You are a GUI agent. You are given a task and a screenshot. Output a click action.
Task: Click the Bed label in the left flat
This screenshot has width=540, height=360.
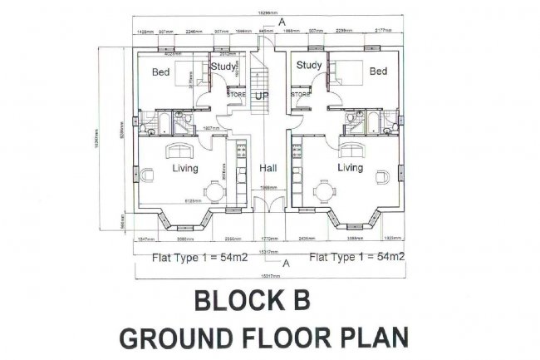pos(160,72)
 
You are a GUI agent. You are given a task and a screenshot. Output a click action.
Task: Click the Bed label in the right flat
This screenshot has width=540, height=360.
pos(378,72)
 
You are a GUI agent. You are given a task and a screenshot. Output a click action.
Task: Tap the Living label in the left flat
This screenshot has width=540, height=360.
pos(184,168)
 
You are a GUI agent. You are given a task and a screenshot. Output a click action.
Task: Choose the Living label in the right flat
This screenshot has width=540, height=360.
pos(351,168)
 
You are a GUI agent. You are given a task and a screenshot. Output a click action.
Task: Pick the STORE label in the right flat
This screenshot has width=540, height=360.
pos(301,94)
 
